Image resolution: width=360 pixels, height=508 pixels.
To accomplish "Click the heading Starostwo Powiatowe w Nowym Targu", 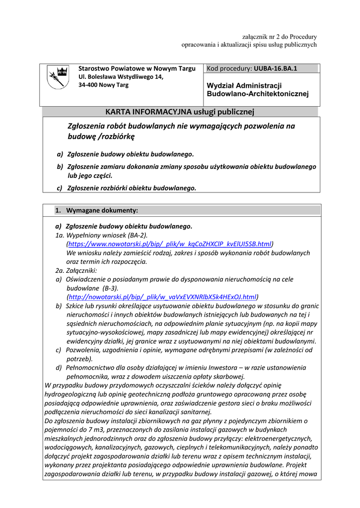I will [x=137, y=68].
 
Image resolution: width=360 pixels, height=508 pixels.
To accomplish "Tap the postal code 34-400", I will [x=88, y=85].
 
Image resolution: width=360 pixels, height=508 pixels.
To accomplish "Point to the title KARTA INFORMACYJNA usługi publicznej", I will [x=180, y=111].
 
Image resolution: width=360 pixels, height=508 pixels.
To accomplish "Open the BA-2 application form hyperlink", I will [x=170, y=244].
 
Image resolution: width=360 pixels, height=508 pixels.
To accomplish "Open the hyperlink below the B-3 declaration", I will [x=162, y=297].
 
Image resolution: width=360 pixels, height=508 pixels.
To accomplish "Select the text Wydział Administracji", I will [x=244, y=85].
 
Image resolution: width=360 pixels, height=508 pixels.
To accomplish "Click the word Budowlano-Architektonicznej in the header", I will [x=257, y=93].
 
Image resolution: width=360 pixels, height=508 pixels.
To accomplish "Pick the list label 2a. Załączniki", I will [x=76, y=270].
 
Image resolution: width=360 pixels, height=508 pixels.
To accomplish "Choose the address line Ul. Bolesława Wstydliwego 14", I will [x=121, y=77].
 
